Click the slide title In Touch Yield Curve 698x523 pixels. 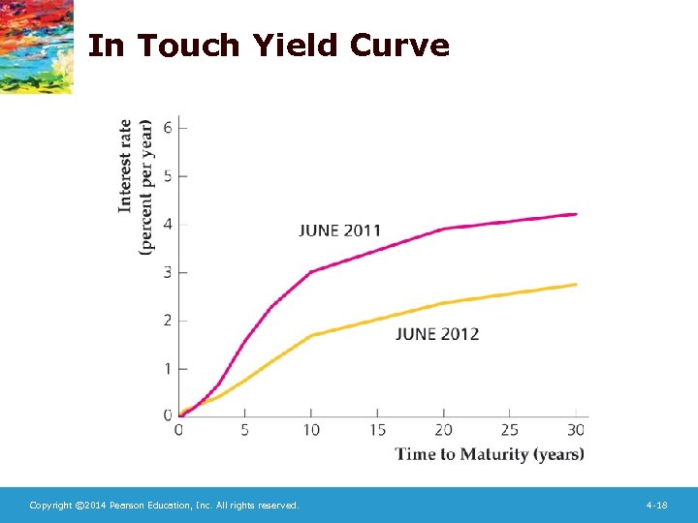click(x=269, y=46)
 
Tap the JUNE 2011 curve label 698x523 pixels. click(x=339, y=231)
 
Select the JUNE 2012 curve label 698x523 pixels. click(x=437, y=334)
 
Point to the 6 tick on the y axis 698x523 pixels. click(x=169, y=128)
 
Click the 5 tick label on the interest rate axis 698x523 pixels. click(x=169, y=176)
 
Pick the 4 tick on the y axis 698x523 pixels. click(x=169, y=225)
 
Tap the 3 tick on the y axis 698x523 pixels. click(x=169, y=272)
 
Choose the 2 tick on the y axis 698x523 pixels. click(x=169, y=321)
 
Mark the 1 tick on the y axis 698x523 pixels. click(x=169, y=369)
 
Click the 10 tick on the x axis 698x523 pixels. click(x=310, y=429)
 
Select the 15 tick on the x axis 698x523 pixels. click(x=377, y=429)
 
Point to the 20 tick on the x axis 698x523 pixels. click(x=443, y=429)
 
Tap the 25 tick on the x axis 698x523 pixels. click(x=510, y=429)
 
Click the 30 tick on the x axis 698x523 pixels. click(x=576, y=429)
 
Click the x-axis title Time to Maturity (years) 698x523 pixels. click(x=490, y=454)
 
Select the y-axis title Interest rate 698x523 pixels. click(x=126, y=167)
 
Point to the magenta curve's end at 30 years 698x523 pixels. click(x=576, y=214)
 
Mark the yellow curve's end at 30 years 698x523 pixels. click(x=576, y=284)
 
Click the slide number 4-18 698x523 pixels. click(x=656, y=506)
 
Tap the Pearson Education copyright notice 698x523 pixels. click(x=164, y=506)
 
